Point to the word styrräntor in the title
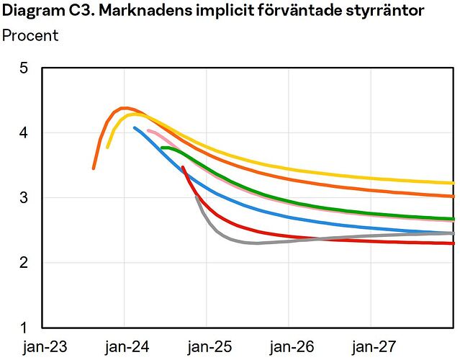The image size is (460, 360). coord(388,11)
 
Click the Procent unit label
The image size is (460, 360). coord(30,35)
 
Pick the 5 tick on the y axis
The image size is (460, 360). coord(24,68)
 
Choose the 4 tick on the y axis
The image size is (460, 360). coord(24,133)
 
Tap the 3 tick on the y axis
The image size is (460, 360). coord(24,198)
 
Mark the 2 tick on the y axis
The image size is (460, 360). coord(24,263)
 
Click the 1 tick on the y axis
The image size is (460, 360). coord(24,328)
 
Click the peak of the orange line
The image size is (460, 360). coord(125,108)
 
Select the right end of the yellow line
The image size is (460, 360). coord(453,183)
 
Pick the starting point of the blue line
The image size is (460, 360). coord(135,127)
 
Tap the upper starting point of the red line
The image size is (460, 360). coord(183,167)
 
